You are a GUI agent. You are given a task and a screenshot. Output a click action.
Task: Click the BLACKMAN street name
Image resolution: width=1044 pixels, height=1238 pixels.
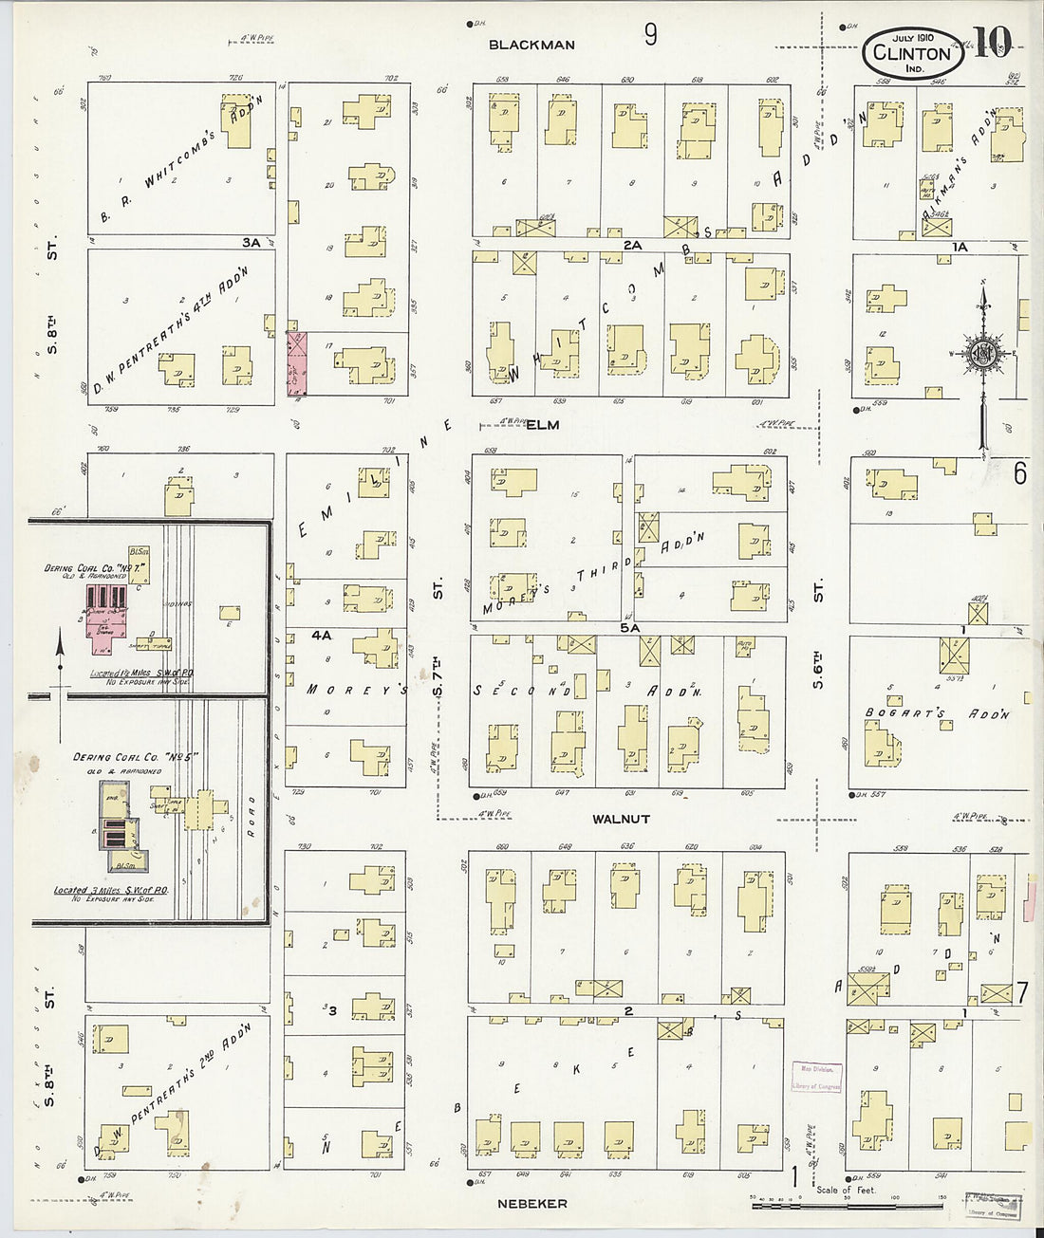pos(531,45)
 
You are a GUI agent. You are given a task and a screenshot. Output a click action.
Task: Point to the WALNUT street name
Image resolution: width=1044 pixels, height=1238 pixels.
pos(622,818)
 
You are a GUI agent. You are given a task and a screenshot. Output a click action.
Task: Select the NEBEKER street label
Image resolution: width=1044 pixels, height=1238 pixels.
pos(532,1203)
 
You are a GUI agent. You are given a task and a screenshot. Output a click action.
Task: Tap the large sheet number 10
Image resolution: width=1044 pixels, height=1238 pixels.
pos(991,44)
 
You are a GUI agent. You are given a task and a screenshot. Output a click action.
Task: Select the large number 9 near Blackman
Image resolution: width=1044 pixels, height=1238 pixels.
pos(650,35)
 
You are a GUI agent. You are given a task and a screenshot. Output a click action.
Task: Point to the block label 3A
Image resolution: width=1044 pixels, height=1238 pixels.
pos(251,243)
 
